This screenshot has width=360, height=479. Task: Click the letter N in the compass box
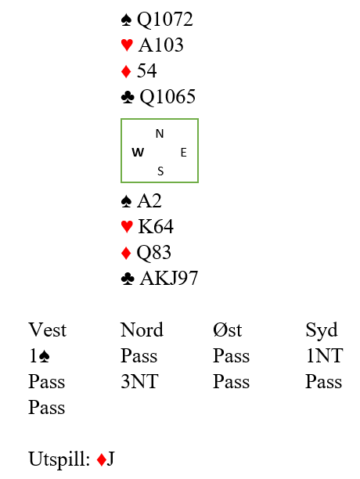coord(160,134)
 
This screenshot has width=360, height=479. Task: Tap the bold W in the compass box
coord(138,152)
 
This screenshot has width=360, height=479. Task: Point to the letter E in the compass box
coord(183,153)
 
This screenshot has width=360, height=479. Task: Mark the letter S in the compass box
coord(160,171)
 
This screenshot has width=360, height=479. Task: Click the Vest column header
coord(47,330)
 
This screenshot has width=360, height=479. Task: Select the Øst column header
coord(228,330)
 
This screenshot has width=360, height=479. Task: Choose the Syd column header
coord(322,331)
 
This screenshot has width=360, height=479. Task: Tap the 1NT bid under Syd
coord(324,356)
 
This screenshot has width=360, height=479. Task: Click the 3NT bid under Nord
coord(139,381)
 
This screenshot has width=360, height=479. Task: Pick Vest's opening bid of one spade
coord(39,356)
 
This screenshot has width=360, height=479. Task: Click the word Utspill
coord(59,459)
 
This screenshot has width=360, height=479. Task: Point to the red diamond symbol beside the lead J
coord(102,459)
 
